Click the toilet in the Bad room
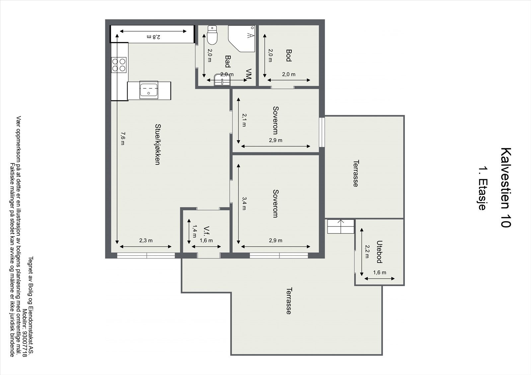[212, 35]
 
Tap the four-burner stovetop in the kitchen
[119, 65]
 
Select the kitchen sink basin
[149, 90]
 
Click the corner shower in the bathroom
[242, 38]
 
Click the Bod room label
[288, 55]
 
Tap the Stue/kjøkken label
[157, 144]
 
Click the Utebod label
[379, 252]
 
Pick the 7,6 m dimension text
[122, 139]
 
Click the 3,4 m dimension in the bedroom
[244, 204]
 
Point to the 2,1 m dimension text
[244, 120]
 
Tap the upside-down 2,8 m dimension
[154, 37]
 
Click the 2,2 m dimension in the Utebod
[367, 251]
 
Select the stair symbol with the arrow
[341, 226]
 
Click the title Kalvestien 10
[506, 188]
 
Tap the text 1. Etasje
[483, 188]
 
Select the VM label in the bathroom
[249, 74]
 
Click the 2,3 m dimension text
[146, 240]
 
